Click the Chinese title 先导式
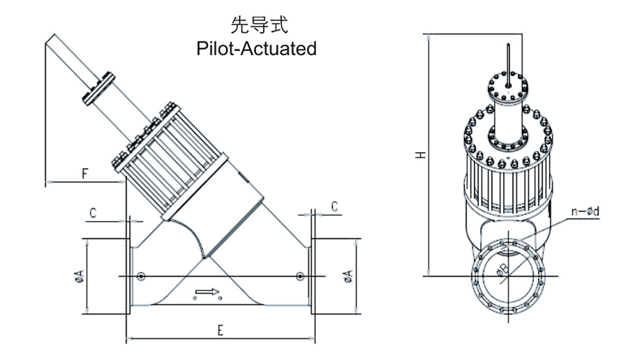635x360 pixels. (x=255, y=27)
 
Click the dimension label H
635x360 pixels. (x=419, y=154)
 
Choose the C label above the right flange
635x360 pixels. (x=335, y=207)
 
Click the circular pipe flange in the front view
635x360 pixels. (x=509, y=275)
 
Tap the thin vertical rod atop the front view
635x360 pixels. (x=511, y=66)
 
